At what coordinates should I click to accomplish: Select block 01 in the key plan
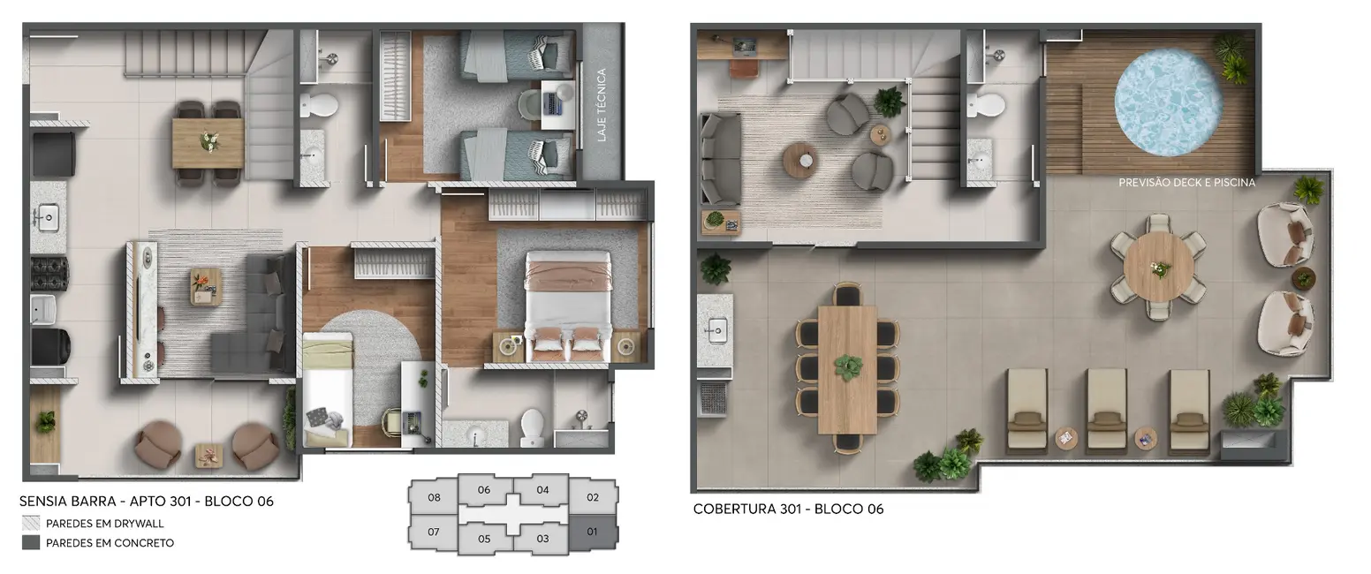592,532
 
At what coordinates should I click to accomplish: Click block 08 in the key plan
434,497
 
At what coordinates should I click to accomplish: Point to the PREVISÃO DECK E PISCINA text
1186,183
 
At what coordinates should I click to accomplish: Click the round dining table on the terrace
1159,267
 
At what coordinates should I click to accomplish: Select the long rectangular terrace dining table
847,368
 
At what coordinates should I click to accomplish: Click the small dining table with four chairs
208,142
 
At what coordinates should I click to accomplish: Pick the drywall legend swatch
31,524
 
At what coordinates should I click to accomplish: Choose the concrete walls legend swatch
31,543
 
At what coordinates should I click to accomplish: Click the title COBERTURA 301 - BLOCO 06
788,509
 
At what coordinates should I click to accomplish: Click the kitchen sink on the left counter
46,215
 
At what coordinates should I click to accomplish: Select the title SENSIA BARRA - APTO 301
147,502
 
